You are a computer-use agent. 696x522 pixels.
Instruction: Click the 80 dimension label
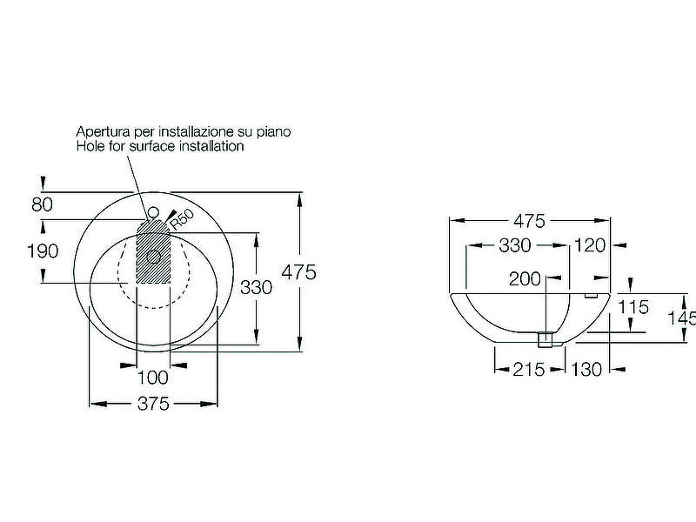pyautogui.click(x=42, y=204)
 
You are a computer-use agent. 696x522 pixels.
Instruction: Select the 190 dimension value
pyautogui.click(x=43, y=251)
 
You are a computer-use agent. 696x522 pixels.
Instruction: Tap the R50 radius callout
pyautogui.click(x=183, y=219)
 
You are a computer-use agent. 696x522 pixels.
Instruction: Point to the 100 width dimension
pyautogui.click(x=153, y=378)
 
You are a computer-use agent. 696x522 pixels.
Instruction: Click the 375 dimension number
pyautogui.click(x=154, y=404)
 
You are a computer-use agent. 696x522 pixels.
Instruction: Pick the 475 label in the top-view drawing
pyautogui.click(x=299, y=272)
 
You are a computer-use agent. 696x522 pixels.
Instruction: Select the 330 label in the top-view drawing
pyautogui.click(x=256, y=288)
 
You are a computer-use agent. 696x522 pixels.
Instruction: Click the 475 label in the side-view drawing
pyautogui.click(x=529, y=221)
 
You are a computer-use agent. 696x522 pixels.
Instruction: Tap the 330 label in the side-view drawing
pyautogui.click(x=515, y=245)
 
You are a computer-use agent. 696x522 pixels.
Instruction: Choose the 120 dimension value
pyautogui.click(x=590, y=245)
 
